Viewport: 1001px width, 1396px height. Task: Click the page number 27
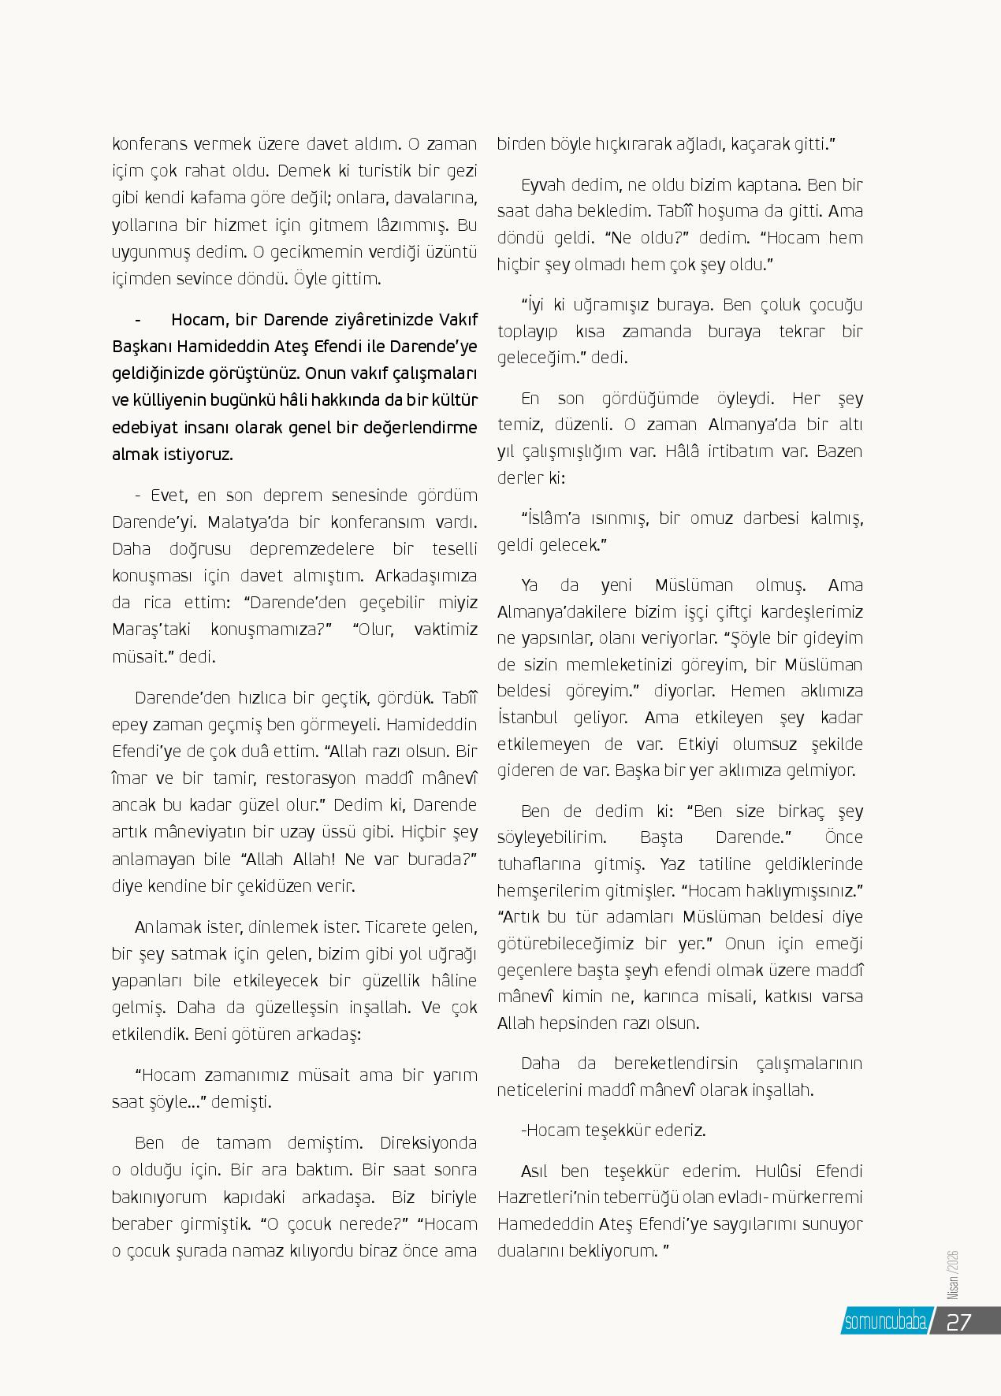pyautogui.click(x=958, y=1322)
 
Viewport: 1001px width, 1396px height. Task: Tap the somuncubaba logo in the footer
pyautogui.click(x=884, y=1322)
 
